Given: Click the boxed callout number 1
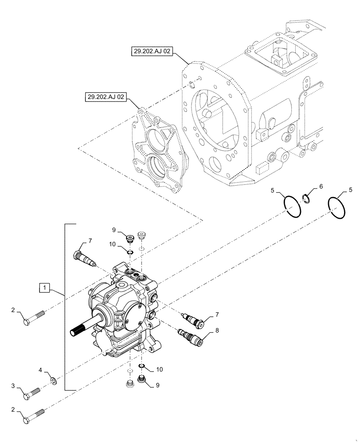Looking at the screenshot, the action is coord(46,288).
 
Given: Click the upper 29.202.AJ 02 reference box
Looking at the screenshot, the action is coord(151,52).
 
